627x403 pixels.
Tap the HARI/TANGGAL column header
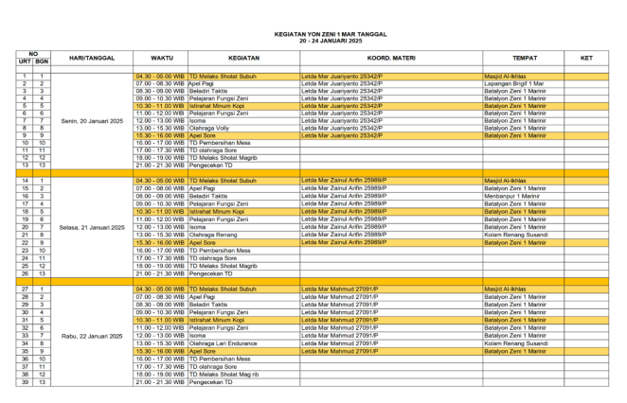(92, 58)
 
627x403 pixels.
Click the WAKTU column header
(161, 58)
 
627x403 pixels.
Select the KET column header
(586, 58)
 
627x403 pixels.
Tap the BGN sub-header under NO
(43, 61)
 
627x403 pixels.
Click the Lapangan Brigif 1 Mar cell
(515, 83)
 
